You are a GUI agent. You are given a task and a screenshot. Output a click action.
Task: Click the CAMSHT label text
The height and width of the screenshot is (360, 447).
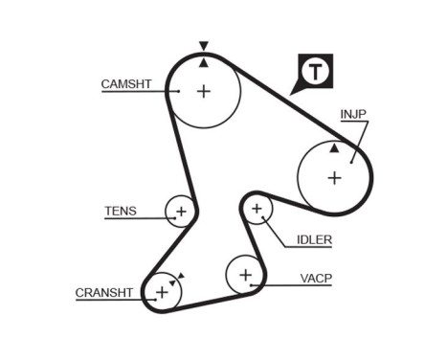126,84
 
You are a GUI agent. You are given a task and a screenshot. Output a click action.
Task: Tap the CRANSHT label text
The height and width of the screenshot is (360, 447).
103,293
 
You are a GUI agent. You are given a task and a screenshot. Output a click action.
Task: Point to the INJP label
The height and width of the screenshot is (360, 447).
353,114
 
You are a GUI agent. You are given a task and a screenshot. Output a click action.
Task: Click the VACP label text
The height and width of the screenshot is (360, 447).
316,279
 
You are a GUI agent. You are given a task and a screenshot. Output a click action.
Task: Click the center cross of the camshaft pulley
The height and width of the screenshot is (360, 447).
204,91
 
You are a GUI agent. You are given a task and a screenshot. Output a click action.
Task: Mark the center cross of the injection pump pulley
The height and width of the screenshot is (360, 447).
334,177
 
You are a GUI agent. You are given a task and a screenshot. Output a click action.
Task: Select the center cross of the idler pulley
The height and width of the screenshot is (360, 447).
256,209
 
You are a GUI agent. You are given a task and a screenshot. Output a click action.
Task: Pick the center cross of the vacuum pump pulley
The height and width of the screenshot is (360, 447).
245,276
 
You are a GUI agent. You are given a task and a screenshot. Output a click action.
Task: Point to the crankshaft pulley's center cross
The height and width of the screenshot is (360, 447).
161,291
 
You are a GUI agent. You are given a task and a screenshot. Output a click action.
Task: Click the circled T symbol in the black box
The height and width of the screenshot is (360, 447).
316,71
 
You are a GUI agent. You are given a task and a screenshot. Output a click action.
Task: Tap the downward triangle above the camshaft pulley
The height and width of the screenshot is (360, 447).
203,45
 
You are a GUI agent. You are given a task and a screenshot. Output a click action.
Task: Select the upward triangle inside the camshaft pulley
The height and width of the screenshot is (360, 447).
203,63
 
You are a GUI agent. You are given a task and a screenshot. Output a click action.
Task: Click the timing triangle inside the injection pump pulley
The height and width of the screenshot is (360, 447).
333,148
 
